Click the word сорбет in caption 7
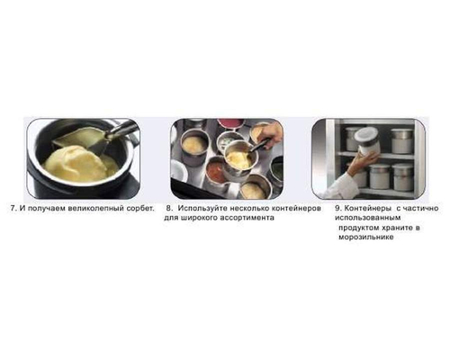coord(140,208)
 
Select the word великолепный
coord(95,208)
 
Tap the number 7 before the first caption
coord(13,208)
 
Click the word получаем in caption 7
coord(47,208)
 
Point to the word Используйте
coord(202,208)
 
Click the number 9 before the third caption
coord(337,208)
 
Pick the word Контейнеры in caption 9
coord(367,208)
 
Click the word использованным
coord(368,218)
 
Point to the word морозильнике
coord(366,237)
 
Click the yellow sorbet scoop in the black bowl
coord(78,164)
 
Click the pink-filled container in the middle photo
coord(231,123)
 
